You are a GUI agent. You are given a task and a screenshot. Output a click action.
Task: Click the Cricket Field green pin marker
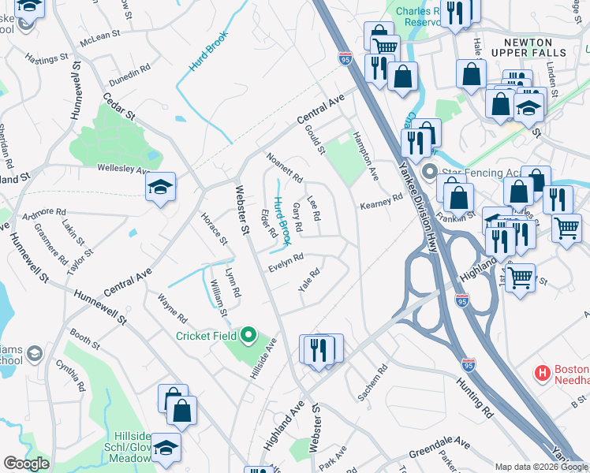(248, 337)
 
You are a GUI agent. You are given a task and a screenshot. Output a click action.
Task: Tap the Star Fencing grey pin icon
(429, 171)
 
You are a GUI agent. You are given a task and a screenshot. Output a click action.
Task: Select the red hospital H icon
(543, 372)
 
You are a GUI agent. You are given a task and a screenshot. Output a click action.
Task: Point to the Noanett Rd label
(285, 168)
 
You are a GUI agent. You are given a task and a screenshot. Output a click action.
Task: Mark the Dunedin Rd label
(129, 74)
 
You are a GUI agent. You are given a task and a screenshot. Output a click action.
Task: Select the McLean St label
(99, 35)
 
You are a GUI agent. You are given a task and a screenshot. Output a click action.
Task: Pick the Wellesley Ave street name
(123, 169)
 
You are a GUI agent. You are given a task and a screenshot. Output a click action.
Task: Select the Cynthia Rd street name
(71, 375)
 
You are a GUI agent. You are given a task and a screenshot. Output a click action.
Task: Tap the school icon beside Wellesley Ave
(160, 188)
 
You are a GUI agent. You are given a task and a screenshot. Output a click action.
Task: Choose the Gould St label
(314, 138)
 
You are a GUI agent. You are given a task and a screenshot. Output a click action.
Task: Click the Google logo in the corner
(27, 464)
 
